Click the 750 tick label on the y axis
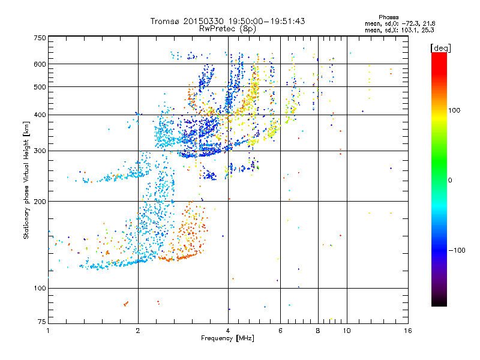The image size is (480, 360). pyautogui.click(x=39, y=38)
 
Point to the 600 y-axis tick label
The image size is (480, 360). pyautogui.click(x=39, y=64)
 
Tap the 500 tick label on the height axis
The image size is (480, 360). pyautogui.click(x=39, y=87)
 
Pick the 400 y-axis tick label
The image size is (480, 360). pyautogui.click(x=39, y=115)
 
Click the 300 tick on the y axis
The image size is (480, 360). pyautogui.click(x=39, y=151)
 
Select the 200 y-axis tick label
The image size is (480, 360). pyautogui.click(x=39, y=202)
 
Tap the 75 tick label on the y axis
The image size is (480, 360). pyautogui.click(x=41, y=323)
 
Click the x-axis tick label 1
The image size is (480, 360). pyautogui.click(x=48, y=331)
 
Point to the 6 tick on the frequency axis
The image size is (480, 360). pyautogui.click(x=280, y=331)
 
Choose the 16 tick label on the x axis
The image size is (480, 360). pyautogui.click(x=407, y=331)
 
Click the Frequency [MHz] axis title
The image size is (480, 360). pyautogui.click(x=227, y=338)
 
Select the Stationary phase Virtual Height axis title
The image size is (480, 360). pyautogui.click(x=26, y=180)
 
